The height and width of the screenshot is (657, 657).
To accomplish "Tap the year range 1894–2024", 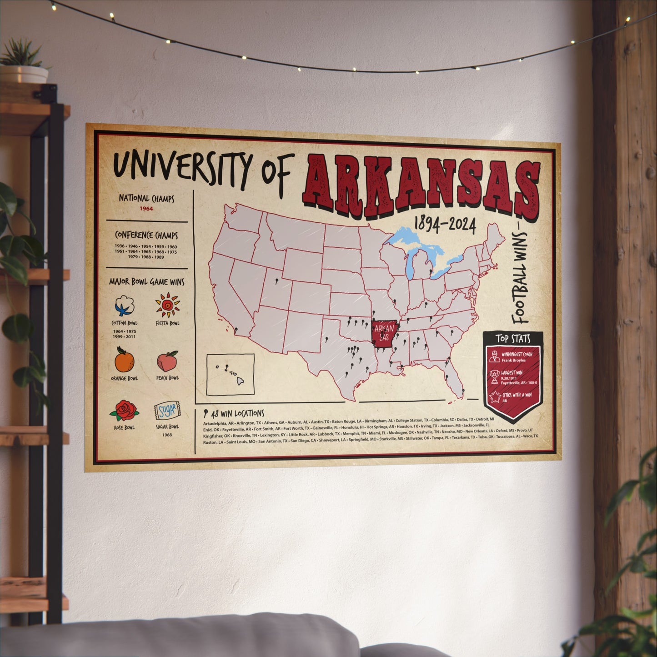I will (x=445, y=224).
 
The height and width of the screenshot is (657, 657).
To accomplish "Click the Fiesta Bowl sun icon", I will (x=167, y=305).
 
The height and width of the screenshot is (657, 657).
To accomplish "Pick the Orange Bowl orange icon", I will (x=124, y=360).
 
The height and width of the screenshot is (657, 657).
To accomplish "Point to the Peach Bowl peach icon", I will (x=167, y=361).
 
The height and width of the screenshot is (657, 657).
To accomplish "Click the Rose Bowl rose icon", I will (x=123, y=410).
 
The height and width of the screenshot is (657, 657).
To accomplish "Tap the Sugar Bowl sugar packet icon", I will (x=167, y=411).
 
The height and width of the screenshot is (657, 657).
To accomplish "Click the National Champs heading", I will (x=146, y=198).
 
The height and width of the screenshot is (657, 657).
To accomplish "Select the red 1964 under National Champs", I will (x=146, y=209).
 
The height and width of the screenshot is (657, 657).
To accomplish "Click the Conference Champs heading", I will (x=146, y=236).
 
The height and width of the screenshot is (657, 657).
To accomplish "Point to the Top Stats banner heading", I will (x=513, y=338).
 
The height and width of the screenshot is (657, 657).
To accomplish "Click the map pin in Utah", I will (x=276, y=281).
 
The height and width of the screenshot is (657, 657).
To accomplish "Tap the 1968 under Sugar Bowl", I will (x=167, y=435).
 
